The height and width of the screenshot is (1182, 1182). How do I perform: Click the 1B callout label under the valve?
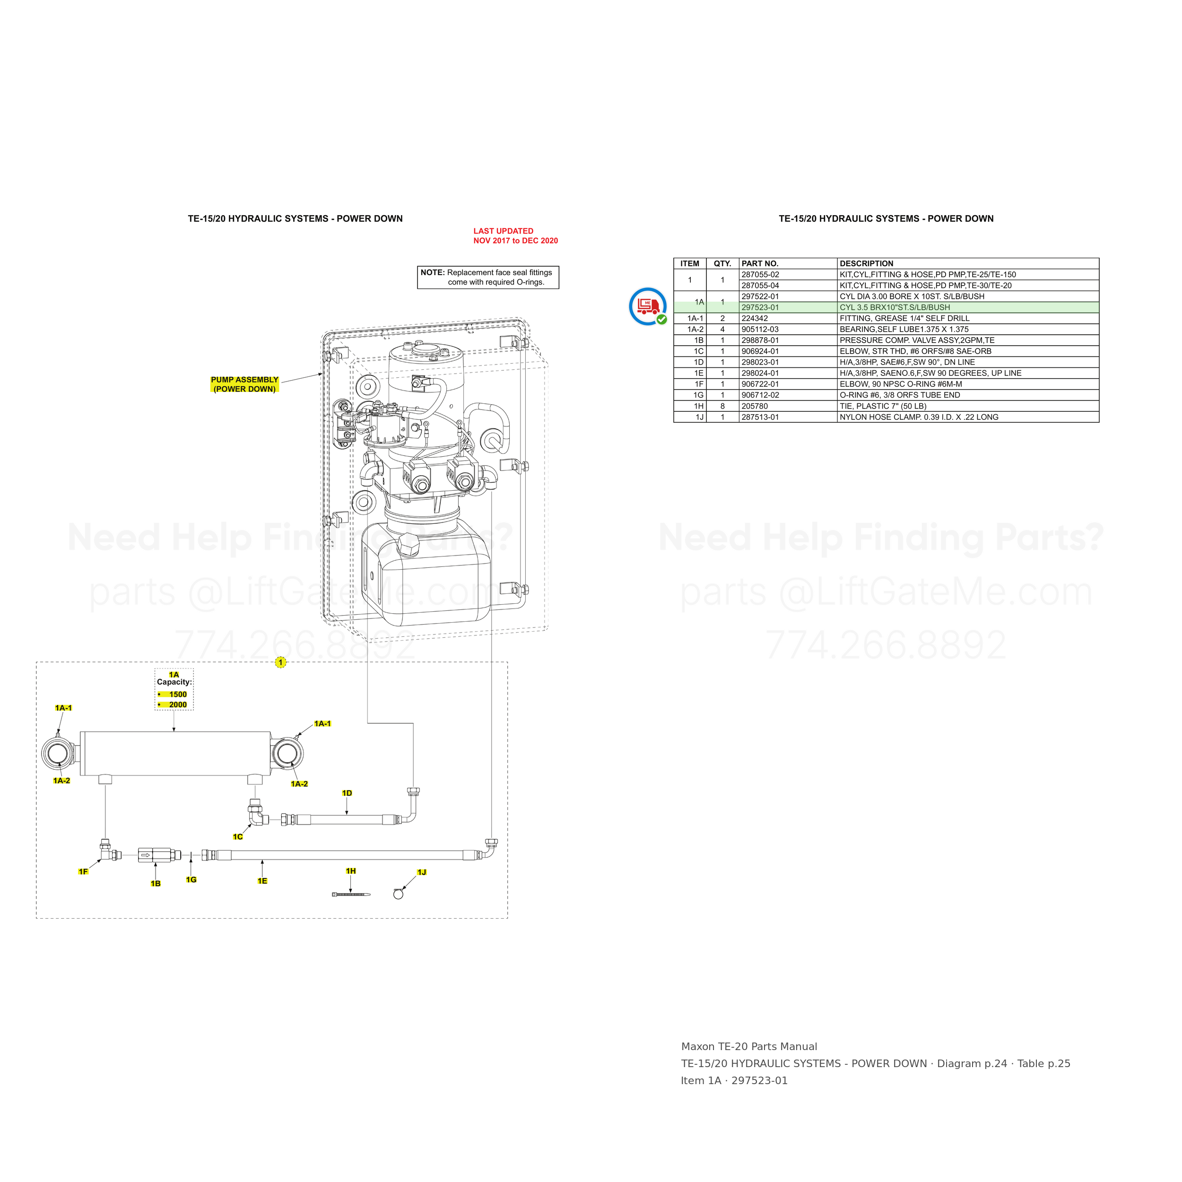tap(156, 884)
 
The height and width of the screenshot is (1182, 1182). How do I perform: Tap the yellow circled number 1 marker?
tap(280, 662)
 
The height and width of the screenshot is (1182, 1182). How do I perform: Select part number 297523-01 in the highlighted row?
tap(760, 308)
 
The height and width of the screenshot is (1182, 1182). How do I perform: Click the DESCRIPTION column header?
tap(866, 264)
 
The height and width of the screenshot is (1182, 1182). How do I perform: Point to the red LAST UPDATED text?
tap(515, 235)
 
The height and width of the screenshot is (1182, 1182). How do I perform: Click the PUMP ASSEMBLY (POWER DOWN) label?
tap(245, 384)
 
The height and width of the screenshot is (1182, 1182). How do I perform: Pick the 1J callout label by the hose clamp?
tap(422, 872)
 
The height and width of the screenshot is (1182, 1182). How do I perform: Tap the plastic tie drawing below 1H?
tap(351, 895)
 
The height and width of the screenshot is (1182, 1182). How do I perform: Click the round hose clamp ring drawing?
tap(398, 895)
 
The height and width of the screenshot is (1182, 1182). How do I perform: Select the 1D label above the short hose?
tap(347, 793)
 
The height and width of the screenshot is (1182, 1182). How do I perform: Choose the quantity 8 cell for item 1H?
tap(722, 406)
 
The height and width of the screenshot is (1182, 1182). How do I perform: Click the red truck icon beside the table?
tap(648, 306)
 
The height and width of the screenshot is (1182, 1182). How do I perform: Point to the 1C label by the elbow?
tap(238, 837)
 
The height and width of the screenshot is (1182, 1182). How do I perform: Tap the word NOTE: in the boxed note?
tap(433, 273)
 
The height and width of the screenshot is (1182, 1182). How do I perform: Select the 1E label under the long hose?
tap(262, 881)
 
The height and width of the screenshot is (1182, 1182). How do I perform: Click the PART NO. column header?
tap(760, 264)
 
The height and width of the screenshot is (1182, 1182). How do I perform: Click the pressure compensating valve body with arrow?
tap(156, 855)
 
